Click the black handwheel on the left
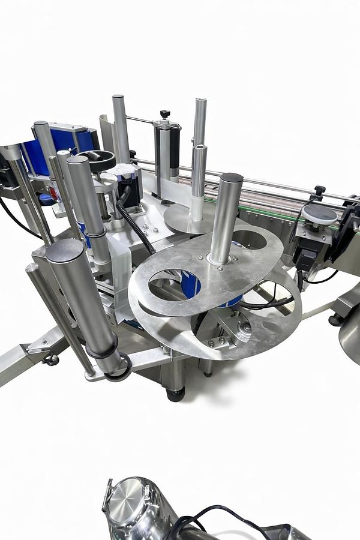[96, 159]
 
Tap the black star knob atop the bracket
[164, 114]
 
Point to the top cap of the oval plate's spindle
[232, 178]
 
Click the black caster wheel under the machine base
[175, 394]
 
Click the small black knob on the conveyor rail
[319, 190]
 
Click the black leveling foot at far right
[334, 320]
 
